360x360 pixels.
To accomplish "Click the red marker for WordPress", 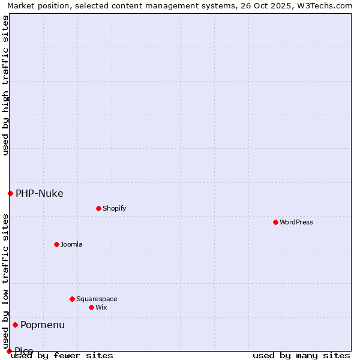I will point(275,222).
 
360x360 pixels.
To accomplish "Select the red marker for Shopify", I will point(98,208).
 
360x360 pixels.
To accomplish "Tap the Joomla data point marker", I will point(56,244).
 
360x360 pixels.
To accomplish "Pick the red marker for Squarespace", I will point(72,299).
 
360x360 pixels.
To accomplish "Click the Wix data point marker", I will point(91,307).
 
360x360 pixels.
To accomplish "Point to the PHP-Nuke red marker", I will point(10,193).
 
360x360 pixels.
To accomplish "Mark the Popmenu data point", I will point(15,325).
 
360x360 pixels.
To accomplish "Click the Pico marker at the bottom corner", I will point(9,351).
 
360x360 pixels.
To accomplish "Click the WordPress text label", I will point(296,222).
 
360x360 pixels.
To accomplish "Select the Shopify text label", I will point(115,208).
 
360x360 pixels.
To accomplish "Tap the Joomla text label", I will point(71,244).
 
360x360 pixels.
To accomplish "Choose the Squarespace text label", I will point(97,299).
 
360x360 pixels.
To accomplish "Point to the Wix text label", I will point(101,307).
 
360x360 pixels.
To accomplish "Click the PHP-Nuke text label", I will point(39,193).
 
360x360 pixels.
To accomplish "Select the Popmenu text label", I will point(43,325).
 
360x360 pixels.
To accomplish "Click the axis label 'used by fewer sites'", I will point(62,355).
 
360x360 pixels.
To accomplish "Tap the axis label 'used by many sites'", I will point(301,355).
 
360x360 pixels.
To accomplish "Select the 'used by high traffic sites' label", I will point(5,85).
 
